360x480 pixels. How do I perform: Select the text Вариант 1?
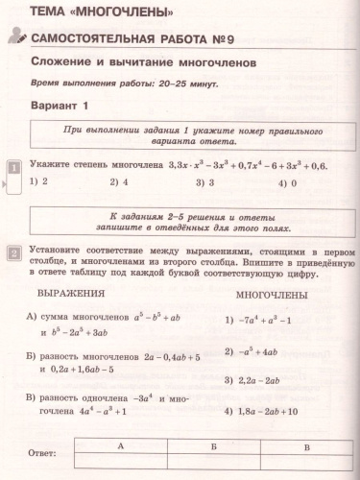coord(60,105)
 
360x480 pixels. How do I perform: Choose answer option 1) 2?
coord(39,180)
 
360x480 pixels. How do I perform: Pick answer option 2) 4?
coord(119,180)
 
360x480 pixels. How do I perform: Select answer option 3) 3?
coord(204,180)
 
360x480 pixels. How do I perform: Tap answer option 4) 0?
coord(287,181)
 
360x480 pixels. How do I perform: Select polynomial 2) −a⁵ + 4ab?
coord(257,351)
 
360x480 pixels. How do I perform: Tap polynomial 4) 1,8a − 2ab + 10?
coord(272,411)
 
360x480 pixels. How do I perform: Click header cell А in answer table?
coord(122,446)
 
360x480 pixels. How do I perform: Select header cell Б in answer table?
coord(213,446)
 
